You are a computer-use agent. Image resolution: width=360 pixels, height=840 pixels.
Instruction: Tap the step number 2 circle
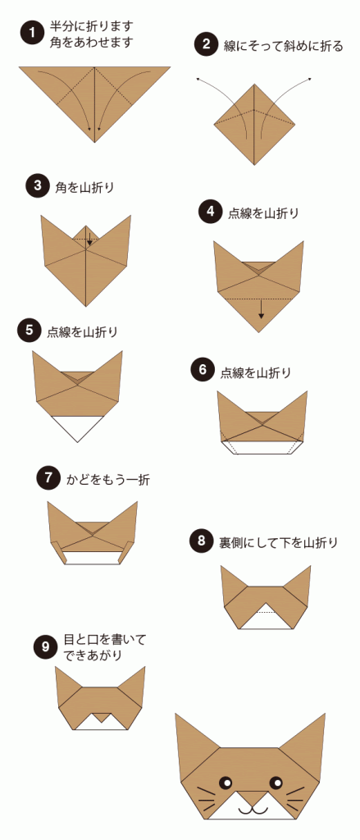coord(205,45)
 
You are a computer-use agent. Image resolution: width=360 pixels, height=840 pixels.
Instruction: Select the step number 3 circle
coord(37,186)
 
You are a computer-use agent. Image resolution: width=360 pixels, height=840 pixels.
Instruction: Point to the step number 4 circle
coord(210,212)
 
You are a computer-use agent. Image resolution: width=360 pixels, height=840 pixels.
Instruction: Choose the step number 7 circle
coord(48,477)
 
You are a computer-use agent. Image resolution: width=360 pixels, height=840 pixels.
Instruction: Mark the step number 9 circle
coord(44,647)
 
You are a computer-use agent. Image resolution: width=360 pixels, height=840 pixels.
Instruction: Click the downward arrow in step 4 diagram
coord(261,308)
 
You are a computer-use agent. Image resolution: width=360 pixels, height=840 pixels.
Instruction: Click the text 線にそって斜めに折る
coord(283,46)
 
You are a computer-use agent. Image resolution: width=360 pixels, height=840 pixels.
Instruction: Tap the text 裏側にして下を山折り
coord(278,541)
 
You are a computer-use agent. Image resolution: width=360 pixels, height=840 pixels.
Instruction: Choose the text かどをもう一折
coord(108,478)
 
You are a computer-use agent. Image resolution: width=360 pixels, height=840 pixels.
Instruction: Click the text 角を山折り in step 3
coord(84,187)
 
